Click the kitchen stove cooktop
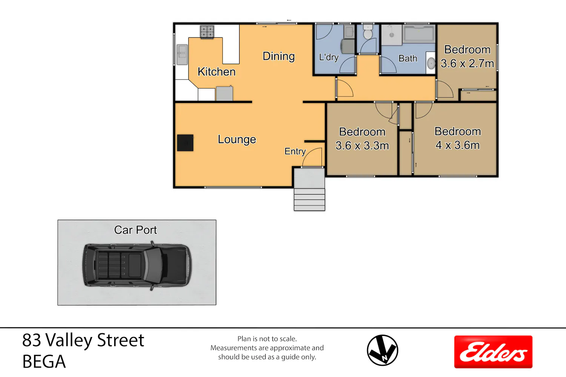pyautogui.click(x=207, y=32)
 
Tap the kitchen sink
pyautogui.click(x=182, y=54)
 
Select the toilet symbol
pyautogui.click(x=368, y=32)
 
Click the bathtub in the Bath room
pyautogui.click(x=419, y=33)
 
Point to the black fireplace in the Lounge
pyautogui.click(x=185, y=143)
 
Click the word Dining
pyautogui.click(x=279, y=56)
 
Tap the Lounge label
pyautogui.click(x=237, y=139)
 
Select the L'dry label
pyautogui.click(x=329, y=57)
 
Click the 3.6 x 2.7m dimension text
pyautogui.click(x=467, y=63)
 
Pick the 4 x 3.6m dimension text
pyautogui.click(x=457, y=145)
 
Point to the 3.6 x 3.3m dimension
pyautogui.click(x=362, y=146)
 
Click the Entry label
pyautogui.click(x=295, y=151)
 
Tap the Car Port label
pyautogui.click(x=135, y=230)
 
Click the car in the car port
pyautogui.click(x=137, y=265)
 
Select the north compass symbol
pyautogui.click(x=382, y=350)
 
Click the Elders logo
pyautogui.click(x=493, y=352)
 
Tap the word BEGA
pyautogui.click(x=44, y=362)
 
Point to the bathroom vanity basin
pyautogui.click(x=431, y=63)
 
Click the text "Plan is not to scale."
pyautogui.click(x=267, y=339)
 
